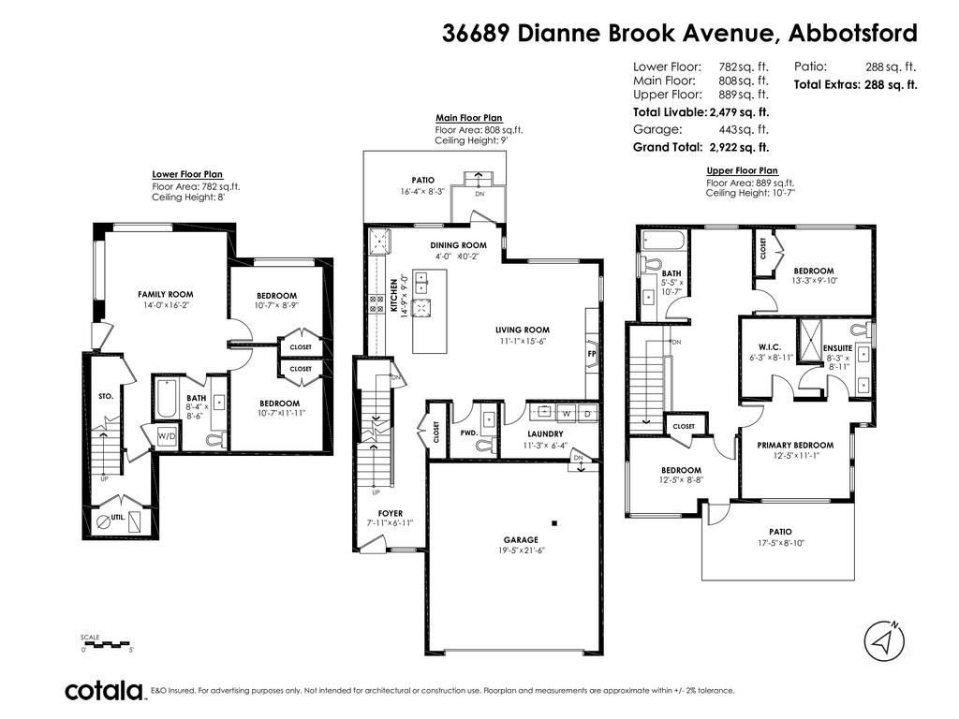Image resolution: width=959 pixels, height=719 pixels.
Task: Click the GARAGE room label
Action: (521, 539)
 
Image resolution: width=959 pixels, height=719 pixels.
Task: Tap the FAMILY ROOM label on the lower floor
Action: (165, 294)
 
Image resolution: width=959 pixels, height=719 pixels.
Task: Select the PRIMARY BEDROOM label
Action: (795, 445)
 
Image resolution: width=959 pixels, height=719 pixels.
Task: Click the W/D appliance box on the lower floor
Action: (167, 436)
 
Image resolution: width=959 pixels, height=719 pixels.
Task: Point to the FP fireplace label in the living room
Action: (591, 355)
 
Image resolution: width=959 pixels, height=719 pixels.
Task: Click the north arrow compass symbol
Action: (883, 641)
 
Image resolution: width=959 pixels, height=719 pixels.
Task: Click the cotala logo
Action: (104, 691)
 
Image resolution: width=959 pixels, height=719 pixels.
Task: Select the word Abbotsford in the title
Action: (852, 34)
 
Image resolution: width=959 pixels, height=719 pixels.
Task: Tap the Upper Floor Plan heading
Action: (742, 170)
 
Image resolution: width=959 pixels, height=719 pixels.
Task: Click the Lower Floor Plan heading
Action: (187, 174)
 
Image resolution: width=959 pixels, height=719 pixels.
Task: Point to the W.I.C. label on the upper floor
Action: (772, 347)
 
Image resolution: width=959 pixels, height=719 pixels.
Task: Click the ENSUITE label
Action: (837, 348)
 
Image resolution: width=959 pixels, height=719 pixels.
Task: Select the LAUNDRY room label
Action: (544, 434)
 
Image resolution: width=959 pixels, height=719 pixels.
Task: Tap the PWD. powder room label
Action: (468, 434)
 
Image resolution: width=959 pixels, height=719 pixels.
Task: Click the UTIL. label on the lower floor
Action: (118, 517)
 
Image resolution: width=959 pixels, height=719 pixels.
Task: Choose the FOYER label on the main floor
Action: (390, 513)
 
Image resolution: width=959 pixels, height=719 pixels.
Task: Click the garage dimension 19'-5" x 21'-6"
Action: (521, 551)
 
